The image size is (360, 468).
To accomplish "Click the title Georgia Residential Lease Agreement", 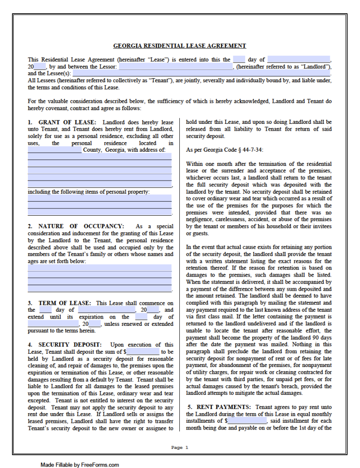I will (180, 46).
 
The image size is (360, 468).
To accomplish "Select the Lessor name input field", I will (176, 67).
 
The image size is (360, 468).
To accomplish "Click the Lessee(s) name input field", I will (201, 73).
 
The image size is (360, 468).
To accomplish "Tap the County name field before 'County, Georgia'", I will (54, 150).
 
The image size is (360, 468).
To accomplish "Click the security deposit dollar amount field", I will (143, 352).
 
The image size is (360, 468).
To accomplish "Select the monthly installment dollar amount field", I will (247, 421).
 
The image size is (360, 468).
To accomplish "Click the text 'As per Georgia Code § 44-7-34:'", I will (225, 150).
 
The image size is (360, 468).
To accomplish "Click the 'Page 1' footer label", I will (180, 447).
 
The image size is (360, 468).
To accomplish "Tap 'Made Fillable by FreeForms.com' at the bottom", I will (80, 465).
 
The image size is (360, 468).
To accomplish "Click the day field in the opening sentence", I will (239, 59).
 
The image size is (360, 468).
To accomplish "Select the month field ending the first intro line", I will (298, 59).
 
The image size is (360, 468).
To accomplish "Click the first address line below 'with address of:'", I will (100, 157).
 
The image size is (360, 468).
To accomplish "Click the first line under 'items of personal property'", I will (100, 198).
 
